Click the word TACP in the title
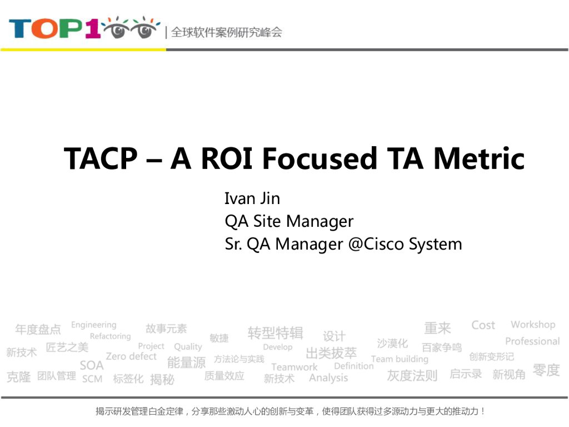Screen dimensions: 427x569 coord(101,159)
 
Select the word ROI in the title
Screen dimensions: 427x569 coord(227,159)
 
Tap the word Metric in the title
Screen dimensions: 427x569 coord(479,159)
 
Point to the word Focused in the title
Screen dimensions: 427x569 coord(320,159)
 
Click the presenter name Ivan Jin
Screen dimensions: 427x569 coord(252,198)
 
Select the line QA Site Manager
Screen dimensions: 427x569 coord(289,221)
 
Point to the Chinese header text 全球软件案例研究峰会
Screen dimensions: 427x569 coord(226,32)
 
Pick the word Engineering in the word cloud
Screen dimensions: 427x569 coord(94,325)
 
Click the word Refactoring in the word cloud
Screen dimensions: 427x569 coord(110,336)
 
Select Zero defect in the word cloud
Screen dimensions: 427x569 coord(131,356)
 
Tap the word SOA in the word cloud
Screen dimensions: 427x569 coord(92,365)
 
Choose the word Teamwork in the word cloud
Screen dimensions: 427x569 coord(295,367)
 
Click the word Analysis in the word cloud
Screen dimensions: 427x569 coord(328,378)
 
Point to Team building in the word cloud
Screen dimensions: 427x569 coord(400,359)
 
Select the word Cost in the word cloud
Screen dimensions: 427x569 coord(483,325)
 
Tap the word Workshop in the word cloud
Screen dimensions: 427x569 coord(533,325)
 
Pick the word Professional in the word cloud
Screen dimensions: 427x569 coord(532,341)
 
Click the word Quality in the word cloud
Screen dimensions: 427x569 coord(188,346)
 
